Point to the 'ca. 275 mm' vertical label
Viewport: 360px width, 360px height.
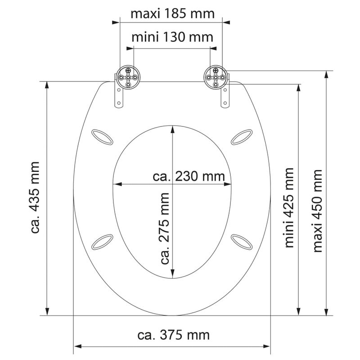click(x=165, y=228)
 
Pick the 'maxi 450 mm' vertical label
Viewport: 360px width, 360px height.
click(x=318, y=211)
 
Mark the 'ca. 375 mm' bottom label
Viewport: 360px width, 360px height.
click(x=173, y=335)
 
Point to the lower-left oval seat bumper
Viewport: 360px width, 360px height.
click(x=102, y=241)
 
